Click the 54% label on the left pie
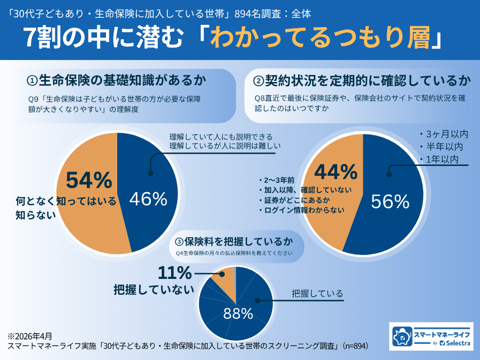[x=89, y=180]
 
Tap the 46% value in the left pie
[x=148, y=199]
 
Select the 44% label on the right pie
[x=336, y=172]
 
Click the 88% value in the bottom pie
[x=238, y=314]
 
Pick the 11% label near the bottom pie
[x=174, y=273]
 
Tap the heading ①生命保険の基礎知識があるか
[x=116, y=80]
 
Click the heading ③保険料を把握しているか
[x=233, y=241]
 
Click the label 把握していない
[x=154, y=289]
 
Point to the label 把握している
[x=317, y=294]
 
